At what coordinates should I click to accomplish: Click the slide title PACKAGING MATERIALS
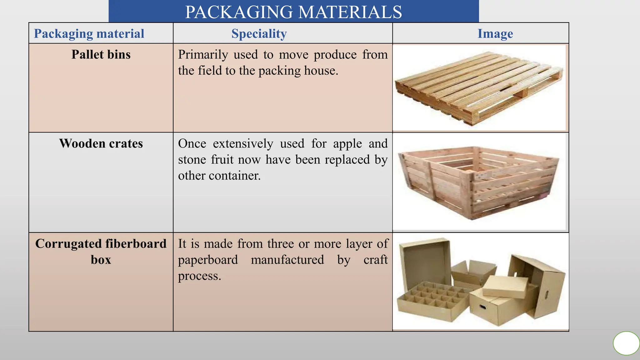(293, 12)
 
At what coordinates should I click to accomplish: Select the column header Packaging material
(89, 33)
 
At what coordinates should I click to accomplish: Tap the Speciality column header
(259, 33)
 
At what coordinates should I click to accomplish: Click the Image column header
(495, 33)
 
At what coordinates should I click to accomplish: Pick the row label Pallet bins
(101, 54)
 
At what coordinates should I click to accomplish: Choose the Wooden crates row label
(101, 143)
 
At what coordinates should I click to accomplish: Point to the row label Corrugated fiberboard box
(101, 252)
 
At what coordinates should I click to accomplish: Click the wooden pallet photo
(479, 88)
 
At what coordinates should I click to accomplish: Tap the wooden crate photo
(479, 182)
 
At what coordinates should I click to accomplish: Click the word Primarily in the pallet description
(203, 55)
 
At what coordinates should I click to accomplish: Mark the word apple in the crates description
(347, 144)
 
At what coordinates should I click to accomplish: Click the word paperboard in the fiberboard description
(208, 260)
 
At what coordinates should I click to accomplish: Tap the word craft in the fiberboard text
(375, 260)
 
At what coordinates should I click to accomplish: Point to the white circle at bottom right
(626, 343)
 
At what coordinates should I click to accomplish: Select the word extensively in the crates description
(243, 144)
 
